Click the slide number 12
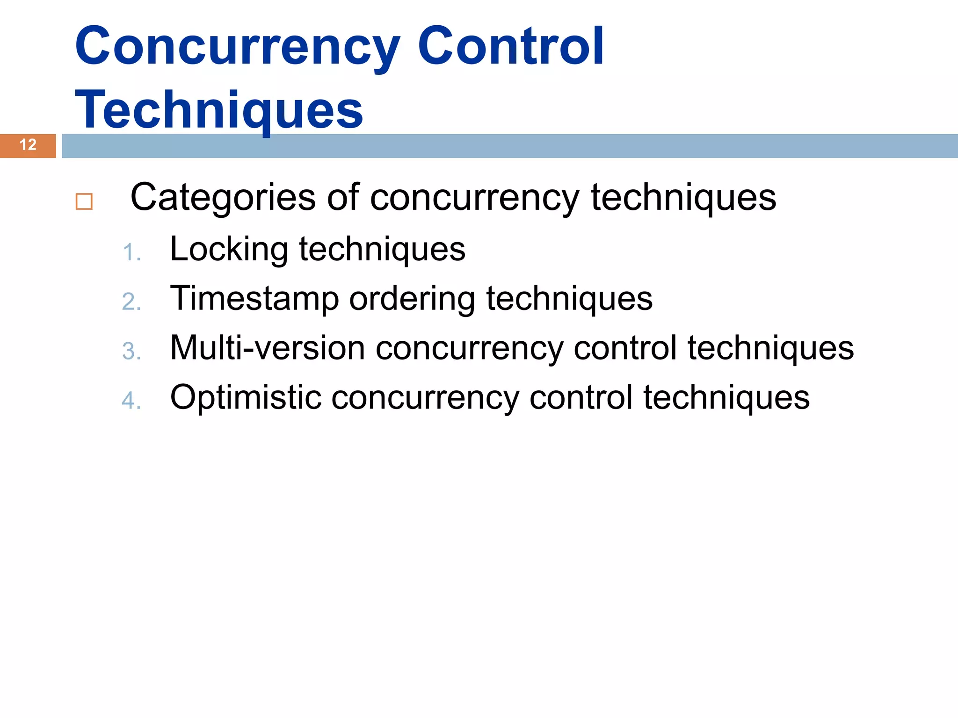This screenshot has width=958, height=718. (x=28, y=145)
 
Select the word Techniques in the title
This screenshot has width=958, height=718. (x=219, y=110)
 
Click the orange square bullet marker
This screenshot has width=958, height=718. (x=84, y=201)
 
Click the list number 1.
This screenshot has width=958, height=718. (x=131, y=253)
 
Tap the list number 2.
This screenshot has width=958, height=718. (x=131, y=302)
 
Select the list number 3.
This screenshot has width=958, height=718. (x=131, y=352)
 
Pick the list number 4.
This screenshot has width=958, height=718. (x=131, y=401)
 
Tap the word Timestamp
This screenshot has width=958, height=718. (x=254, y=300)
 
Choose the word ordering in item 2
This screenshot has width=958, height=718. (x=412, y=300)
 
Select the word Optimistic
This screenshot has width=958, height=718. (x=246, y=398)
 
